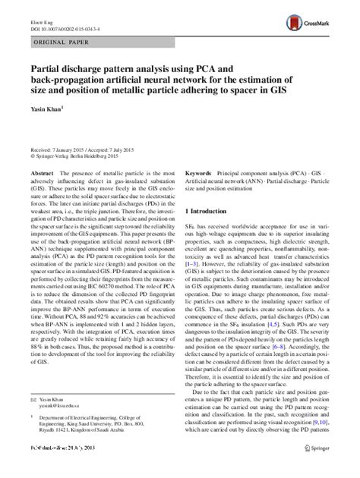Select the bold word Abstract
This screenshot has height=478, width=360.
[43, 173]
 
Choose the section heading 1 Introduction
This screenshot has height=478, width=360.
[213, 209]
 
